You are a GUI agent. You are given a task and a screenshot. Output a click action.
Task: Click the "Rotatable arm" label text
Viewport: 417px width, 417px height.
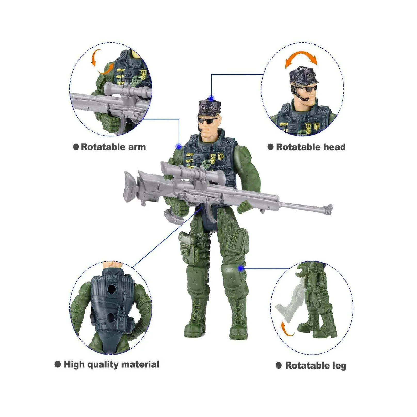pos(113,147)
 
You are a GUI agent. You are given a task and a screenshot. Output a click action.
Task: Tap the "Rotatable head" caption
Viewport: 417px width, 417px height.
pos(310,147)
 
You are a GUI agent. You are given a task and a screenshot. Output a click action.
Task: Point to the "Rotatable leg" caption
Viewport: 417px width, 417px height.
pos(315,365)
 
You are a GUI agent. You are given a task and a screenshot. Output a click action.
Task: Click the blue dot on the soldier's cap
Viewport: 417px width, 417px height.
pos(211,98)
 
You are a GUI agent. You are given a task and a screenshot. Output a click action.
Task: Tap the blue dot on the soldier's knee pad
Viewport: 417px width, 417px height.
pos(241,269)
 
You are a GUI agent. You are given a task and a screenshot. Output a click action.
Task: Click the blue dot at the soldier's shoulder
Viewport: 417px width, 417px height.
pos(178,147)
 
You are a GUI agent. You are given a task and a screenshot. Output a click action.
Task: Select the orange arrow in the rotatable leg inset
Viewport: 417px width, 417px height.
pos(286,330)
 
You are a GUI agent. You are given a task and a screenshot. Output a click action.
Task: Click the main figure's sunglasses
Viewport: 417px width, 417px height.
pos(207,121)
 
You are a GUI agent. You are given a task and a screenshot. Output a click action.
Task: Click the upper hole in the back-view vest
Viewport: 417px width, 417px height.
pos(112,289)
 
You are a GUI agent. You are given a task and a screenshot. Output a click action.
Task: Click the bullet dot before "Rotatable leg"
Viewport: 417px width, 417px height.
pos(279,365)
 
